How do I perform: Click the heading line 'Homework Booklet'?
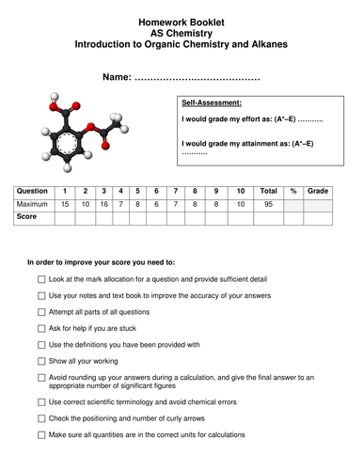[x=182, y=19]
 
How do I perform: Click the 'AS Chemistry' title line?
[x=182, y=32]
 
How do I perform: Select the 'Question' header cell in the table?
[x=34, y=191]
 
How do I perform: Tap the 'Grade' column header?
[x=319, y=191]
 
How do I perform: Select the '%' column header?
[x=292, y=191]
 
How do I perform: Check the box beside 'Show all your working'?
[x=40, y=360]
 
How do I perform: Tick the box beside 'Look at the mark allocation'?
[x=40, y=280]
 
